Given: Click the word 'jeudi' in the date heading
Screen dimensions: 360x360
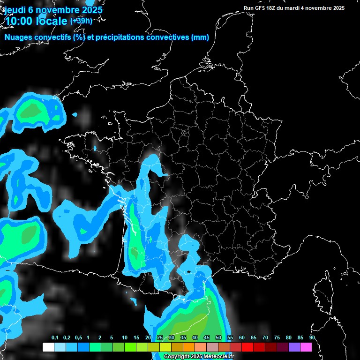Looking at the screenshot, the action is [15, 10].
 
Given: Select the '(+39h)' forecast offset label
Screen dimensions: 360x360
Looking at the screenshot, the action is [81, 21].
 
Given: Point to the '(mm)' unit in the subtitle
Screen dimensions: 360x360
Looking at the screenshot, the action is [200, 37].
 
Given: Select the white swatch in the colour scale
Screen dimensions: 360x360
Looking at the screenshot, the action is [48, 347].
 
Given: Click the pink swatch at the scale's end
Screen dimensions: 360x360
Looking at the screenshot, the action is [306, 347].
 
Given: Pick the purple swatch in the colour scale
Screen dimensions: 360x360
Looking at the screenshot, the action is [294, 347].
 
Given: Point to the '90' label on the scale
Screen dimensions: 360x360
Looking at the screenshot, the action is [312, 337].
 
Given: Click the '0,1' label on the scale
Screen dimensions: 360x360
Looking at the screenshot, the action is [55, 337].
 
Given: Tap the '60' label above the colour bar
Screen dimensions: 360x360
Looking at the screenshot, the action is [241, 337].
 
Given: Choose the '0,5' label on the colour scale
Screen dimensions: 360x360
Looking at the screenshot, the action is [78, 337].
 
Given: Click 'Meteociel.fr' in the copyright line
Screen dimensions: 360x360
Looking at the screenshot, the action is [218, 357].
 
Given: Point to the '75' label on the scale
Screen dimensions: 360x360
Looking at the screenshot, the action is [277, 337].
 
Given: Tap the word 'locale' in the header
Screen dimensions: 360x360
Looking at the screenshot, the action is [51, 21].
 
